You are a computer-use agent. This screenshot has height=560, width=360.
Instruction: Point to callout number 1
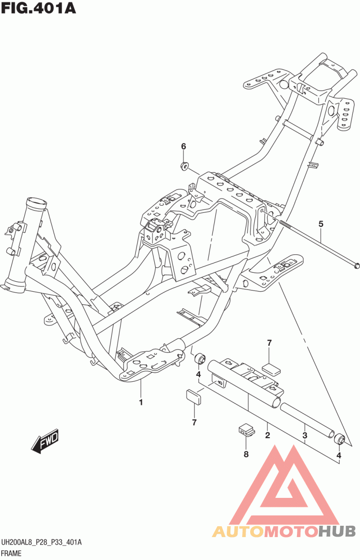[x=141, y=402]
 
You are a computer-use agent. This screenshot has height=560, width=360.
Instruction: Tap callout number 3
[x=305, y=435]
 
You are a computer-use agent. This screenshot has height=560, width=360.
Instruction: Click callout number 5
[x=321, y=224]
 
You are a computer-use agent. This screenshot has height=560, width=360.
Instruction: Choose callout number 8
[x=246, y=454]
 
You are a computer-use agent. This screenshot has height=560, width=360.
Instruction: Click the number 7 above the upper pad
[x=269, y=343]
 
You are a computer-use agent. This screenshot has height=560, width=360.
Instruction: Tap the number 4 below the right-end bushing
[x=339, y=456]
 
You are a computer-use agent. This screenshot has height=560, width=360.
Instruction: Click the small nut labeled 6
[x=184, y=166]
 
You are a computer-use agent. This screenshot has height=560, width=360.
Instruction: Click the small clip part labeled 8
[x=246, y=429]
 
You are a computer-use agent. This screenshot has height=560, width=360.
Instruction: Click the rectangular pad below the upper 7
[x=271, y=369]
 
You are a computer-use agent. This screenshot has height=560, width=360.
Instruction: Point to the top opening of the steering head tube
[x=36, y=201]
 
